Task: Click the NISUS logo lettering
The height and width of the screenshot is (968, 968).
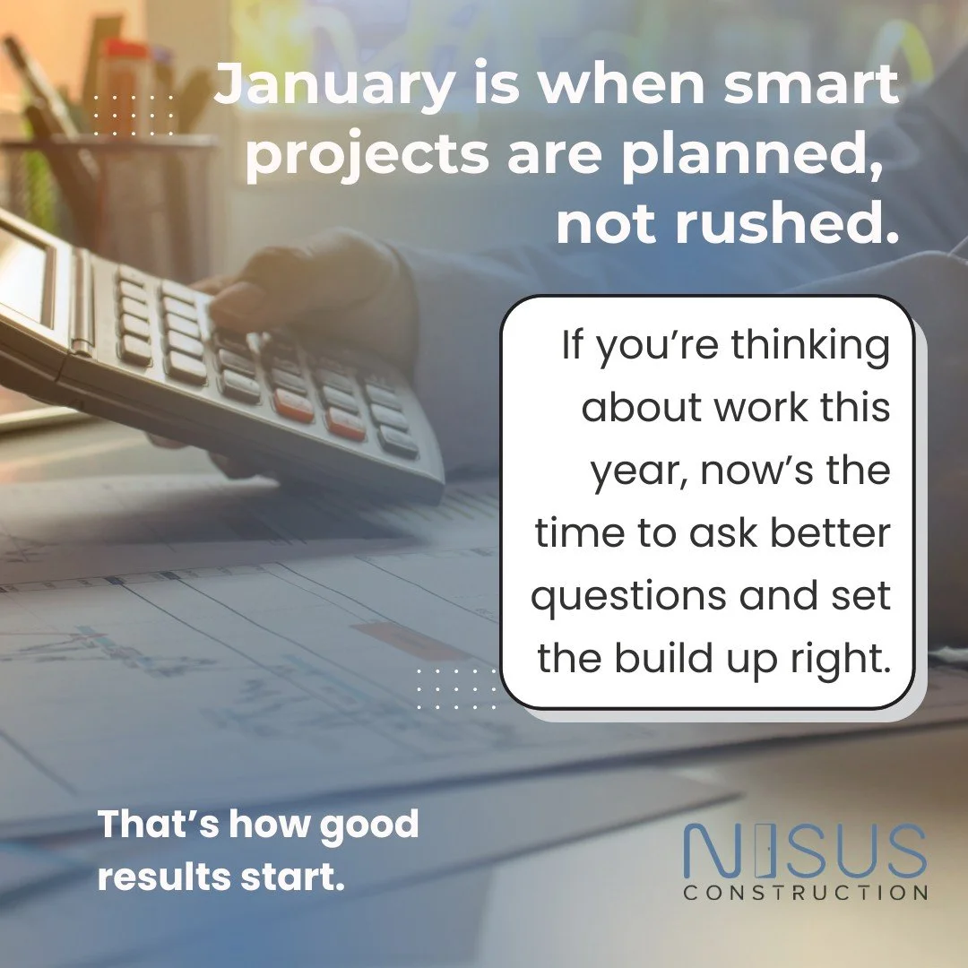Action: [x=804, y=851]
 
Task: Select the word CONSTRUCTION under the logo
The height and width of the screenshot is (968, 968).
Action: [x=805, y=893]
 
